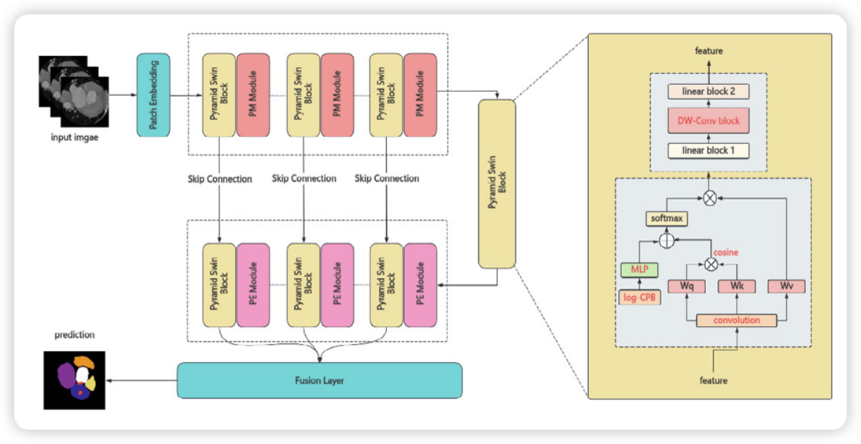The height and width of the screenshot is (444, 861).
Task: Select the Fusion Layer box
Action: (319, 380)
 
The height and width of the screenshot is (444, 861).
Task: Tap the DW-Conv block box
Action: (708, 121)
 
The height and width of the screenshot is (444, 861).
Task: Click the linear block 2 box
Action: (708, 92)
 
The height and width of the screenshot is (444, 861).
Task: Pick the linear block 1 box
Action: (708, 150)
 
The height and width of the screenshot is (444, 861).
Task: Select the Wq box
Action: (686, 286)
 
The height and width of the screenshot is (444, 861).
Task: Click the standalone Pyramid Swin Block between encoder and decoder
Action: (496, 183)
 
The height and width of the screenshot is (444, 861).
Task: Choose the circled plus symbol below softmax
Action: (667, 240)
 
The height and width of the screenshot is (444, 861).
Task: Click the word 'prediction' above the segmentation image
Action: (75, 335)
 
